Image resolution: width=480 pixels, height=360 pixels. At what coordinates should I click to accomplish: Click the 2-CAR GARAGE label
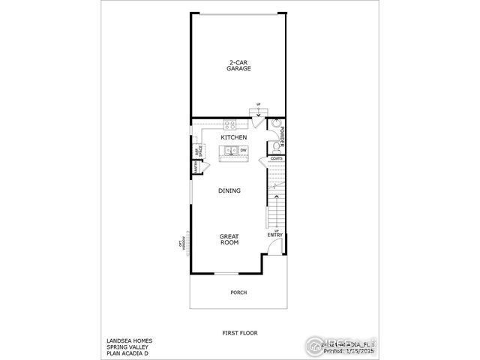[239, 65]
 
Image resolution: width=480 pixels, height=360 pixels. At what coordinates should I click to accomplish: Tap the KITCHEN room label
[234, 138]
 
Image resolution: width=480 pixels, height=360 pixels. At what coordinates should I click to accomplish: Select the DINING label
[229, 191]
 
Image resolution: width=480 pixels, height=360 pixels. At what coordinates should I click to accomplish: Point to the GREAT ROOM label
[229, 239]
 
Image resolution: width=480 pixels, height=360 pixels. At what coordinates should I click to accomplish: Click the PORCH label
[238, 292]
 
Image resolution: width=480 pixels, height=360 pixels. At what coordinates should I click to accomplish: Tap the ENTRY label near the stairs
[275, 235]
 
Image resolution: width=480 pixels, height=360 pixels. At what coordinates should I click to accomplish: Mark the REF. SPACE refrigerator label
[199, 152]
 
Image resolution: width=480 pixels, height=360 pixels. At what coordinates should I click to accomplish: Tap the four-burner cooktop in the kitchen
[230, 125]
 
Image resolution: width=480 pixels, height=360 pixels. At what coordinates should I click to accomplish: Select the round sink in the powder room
[275, 125]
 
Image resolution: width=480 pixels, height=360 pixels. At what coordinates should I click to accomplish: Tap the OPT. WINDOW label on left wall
[181, 243]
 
